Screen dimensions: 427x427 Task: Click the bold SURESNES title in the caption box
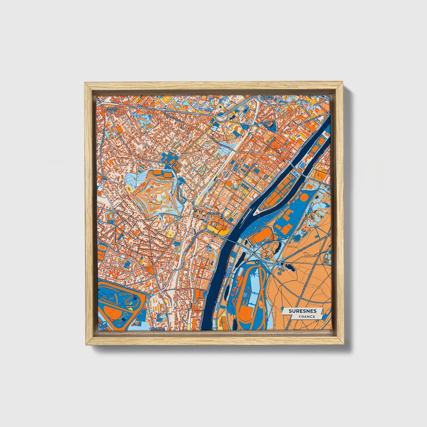tap(303, 311)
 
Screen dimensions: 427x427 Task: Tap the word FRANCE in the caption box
tap(306, 316)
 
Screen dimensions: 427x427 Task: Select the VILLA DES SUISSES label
tap(112, 110)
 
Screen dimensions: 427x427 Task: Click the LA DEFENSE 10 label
tap(310, 96)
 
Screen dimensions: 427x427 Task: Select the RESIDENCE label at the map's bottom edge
tap(158, 329)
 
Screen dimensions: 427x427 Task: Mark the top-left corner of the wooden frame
tap(85, 83)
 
